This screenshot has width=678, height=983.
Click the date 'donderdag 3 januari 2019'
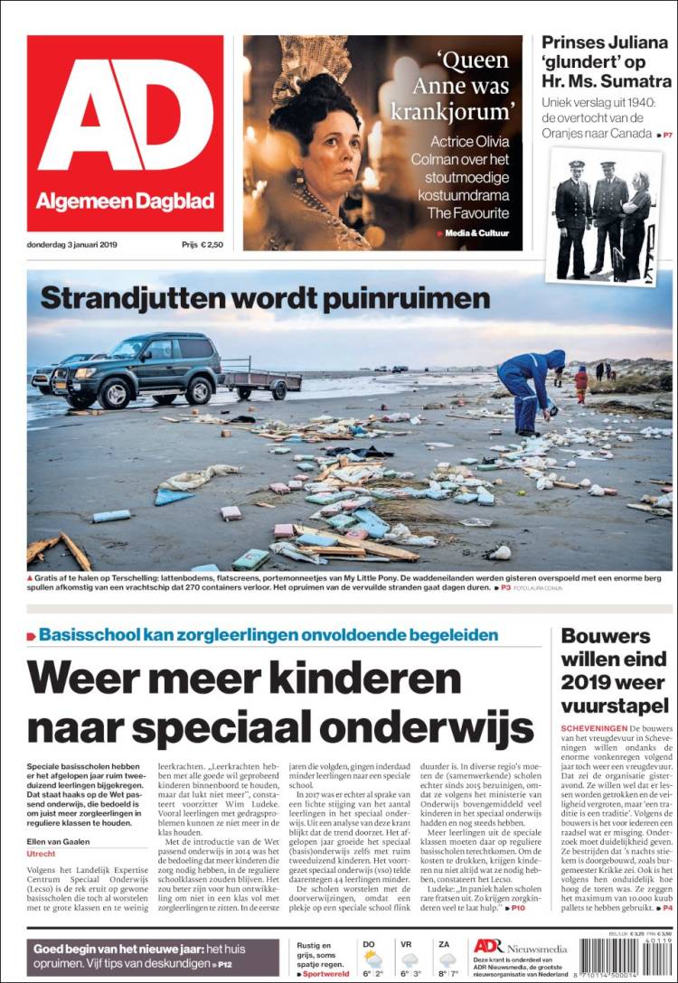pos(78,244)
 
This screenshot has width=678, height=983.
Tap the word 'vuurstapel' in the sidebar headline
pos(615,705)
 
